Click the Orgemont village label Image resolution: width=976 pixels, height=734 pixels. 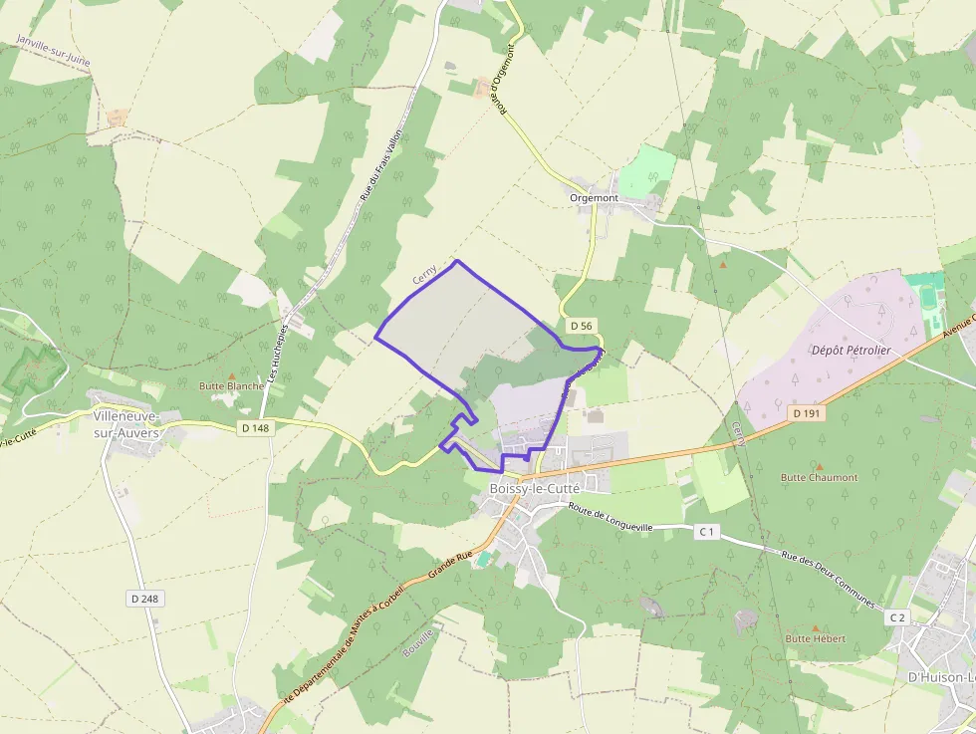pyautogui.click(x=594, y=198)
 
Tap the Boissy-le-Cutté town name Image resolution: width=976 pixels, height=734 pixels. pyautogui.click(x=534, y=489)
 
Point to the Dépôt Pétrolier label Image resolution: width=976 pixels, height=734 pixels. pyautogui.click(x=851, y=351)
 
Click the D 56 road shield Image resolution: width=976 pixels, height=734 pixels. pyautogui.click(x=582, y=326)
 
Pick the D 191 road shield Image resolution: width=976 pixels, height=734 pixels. pyautogui.click(x=807, y=412)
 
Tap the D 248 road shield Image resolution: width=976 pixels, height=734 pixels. pyautogui.click(x=145, y=599)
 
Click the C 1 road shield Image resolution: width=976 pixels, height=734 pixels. pyautogui.click(x=707, y=532)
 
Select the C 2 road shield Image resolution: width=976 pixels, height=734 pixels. pyautogui.click(x=897, y=617)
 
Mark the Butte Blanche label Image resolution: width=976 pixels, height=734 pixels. pyautogui.click(x=232, y=385)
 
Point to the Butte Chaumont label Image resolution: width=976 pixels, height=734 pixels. pyautogui.click(x=819, y=477)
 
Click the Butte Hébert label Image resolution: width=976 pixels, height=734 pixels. pyautogui.click(x=816, y=638)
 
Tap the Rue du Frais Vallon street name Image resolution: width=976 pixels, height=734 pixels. pyautogui.click(x=379, y=169)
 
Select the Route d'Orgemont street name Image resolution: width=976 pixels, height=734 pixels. pyautogui.click(x=506, y=78)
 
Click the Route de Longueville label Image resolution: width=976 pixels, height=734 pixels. pyautogui.click(x=610, y=519)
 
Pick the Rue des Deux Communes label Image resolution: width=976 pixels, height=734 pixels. pyautogui.click(x=828, y=581)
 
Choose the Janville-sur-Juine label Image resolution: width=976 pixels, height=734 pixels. pyautogui.click(x=54, y=52)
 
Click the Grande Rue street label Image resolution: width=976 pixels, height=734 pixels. pyautogui.click(x=449, y=568)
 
